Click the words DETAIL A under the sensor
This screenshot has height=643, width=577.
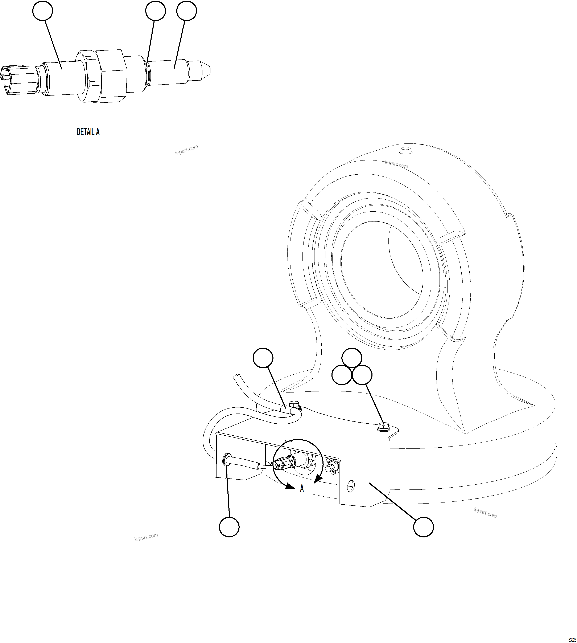click(88, 132)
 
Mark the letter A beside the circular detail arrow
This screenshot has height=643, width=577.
click(302, 489)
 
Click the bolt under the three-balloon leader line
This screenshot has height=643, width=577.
click(383, 426)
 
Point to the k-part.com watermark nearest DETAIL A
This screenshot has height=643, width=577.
click(186, 150)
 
